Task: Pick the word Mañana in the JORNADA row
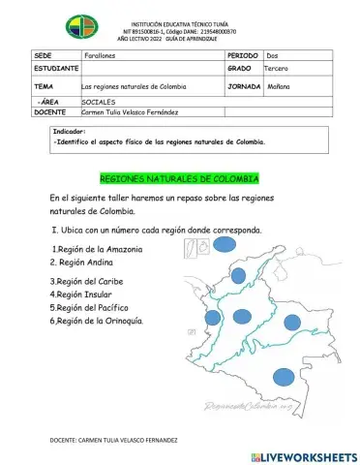277,86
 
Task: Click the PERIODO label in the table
242,56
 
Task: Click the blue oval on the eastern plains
291,322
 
